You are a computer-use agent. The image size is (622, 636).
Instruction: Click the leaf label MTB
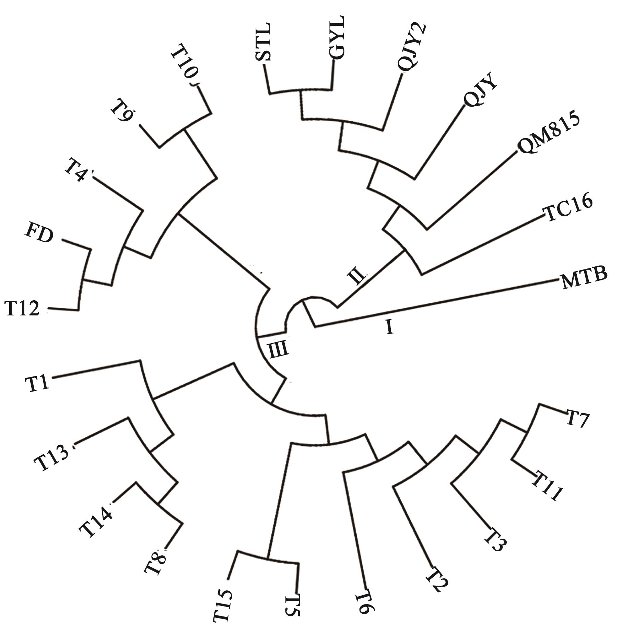584,278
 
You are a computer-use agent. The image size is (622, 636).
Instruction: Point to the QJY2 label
412,47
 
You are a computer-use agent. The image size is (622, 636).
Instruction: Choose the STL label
263,42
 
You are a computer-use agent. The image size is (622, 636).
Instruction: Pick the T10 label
185,68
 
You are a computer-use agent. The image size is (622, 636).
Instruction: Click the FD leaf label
39,235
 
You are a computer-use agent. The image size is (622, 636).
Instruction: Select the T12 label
22,308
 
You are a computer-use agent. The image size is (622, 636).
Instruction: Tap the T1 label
37,383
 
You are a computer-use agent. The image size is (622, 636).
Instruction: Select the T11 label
547,485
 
